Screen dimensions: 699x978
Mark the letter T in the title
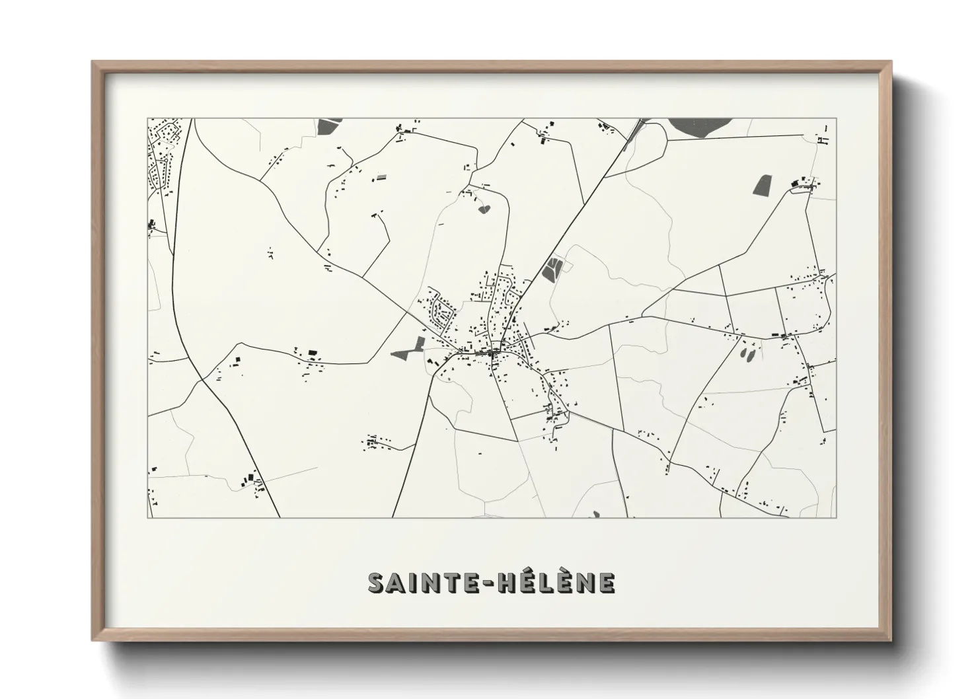tap(452, 583)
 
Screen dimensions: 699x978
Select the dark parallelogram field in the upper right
tap(762, 184)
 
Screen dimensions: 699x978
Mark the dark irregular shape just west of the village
tap(409, 348)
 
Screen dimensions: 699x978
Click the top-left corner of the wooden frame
tap(93, 62)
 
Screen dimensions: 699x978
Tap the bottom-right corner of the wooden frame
tap(890, 640)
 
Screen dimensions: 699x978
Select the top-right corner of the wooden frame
tap(890, 62)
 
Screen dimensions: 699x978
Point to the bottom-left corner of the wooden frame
tap(93, 640)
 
